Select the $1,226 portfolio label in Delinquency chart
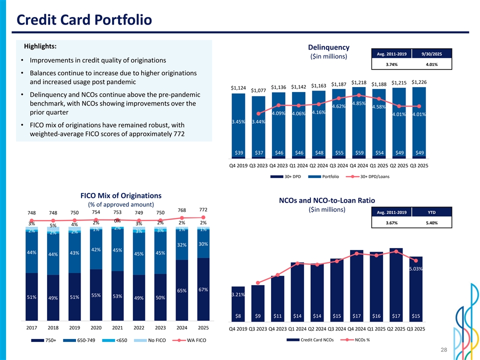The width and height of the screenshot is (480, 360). click(418, 82)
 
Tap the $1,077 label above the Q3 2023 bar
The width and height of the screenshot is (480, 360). click(258, 90)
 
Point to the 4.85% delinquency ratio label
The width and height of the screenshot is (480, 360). click(359, 103)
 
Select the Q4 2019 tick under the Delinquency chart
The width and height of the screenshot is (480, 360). click(238, 165)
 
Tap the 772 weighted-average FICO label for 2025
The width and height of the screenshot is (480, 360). click(203, 209)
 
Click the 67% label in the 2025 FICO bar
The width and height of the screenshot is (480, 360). click(203, 289)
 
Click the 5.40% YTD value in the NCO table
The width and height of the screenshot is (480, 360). click(431, 223)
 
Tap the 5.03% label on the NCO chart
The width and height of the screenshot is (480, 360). click(416, 269)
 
